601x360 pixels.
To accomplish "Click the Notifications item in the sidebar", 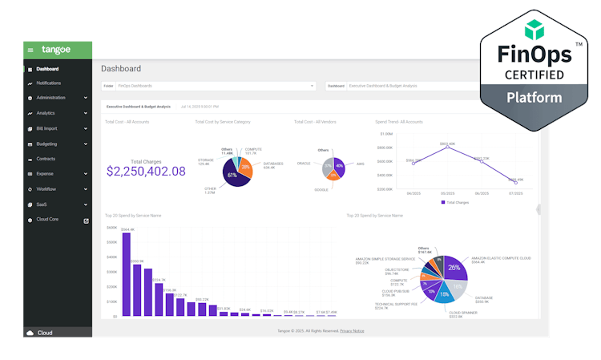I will click(x=48, y=83).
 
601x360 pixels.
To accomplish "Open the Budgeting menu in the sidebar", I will click(x=46, y=144).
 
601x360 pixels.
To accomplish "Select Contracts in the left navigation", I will click(x=46, y=159).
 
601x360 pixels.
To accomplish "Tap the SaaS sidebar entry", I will click(x=42, y=204).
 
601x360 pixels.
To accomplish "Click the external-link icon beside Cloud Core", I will click(x=87, y=220).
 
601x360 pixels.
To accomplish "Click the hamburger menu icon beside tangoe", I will click(x=30, y=50).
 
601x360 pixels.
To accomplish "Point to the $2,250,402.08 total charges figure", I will click(x=146, y=171).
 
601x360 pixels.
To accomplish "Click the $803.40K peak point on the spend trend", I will click(x=446, y=148).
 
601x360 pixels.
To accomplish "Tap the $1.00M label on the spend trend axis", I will click(x=385, y=134).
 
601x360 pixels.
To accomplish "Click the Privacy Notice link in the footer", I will click(x=352, y=330).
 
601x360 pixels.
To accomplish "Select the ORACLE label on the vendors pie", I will click(x=303, y=163).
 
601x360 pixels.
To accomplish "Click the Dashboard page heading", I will click(x=121, y=69).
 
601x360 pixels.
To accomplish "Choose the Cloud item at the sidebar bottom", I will click(x=45, y=333).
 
